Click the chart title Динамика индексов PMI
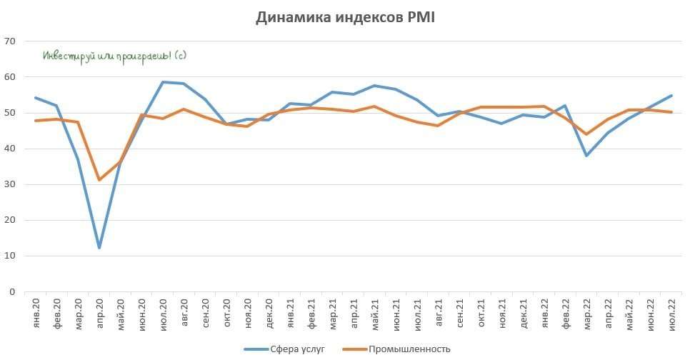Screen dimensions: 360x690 (x=345, y=18)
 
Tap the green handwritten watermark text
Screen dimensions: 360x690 (x=114, y=56)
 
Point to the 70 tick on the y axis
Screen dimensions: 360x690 (x=10, y=41)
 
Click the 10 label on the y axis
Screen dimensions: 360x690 (x=10, y=256)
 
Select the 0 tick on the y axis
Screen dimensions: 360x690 (x=13, y=291)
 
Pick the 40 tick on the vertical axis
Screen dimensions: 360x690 (x=10, y=149)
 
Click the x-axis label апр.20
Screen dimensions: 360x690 (x=99, y=312)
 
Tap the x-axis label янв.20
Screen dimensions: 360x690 (x=36, y=312)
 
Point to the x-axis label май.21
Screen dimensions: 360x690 (x=374, y=312)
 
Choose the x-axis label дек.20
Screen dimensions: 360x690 (x=269, y=312)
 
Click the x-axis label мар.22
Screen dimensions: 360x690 (x=586, y=312)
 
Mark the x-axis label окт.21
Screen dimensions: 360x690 (x=480, y=312)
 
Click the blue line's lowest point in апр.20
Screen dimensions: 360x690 (x=99, y=248)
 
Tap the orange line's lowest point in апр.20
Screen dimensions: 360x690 (x=99, y=179)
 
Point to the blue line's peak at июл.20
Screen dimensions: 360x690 (x=163, y=82)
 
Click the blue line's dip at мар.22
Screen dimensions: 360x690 (x=586, y=156)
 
